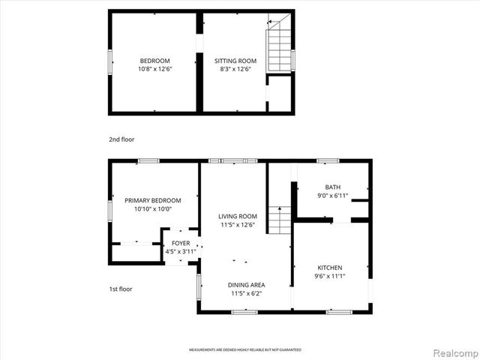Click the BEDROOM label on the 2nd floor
(x=154, y=61)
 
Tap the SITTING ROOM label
(x=235, y=61)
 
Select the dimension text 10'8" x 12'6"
(x=154, y=69)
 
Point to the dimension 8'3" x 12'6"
(x=235, y=69)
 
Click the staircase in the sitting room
(x=279, y=47)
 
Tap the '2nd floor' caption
(x=121, y=139)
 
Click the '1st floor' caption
(x=121, y=288)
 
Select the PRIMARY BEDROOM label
(x=153, y=200)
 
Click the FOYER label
(x=181, y=243)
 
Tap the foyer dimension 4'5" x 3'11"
(x=181, y=251)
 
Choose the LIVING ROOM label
(x=238, y=216)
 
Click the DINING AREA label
(x=247, y=285)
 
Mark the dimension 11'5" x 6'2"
(x=247, y=293)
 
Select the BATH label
(x=333, y=187)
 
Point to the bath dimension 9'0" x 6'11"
(x=333, y=196)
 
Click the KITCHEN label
(x=330, y=268)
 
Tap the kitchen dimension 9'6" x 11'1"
(x=330, y=276)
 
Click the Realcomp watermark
(x=452, y=352)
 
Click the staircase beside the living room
(x=279, y=219)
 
